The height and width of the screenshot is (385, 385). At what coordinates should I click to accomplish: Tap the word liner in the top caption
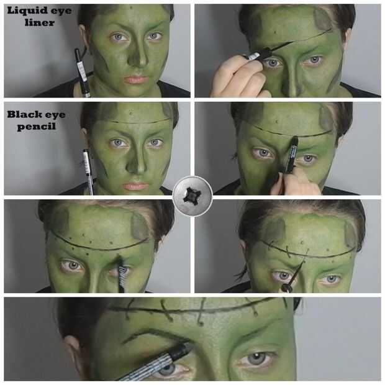tap(40, 22)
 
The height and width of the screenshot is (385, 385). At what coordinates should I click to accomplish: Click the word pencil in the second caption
tap(37, 127)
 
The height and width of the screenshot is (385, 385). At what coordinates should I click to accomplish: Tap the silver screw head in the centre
tap(192, 196)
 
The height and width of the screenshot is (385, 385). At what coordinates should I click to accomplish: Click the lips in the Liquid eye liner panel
tap(135, 79)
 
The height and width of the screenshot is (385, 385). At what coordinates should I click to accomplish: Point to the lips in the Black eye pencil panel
tap(135, 186)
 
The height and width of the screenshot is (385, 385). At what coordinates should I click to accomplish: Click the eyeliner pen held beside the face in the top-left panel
tap(82, 73)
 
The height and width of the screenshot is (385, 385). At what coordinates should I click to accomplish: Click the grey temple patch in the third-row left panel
tap(140, 227)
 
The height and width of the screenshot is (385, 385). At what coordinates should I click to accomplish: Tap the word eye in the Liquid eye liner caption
tap(63, 11)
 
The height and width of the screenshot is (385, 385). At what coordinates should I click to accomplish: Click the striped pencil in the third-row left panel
tap(122, 275)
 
